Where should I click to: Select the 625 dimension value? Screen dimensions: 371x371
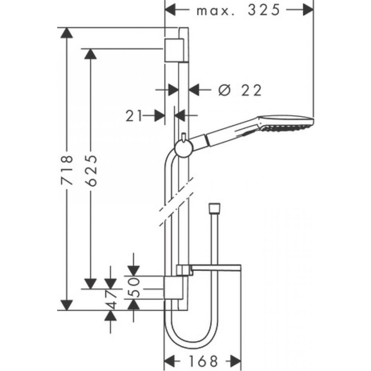click(x=91, y=171)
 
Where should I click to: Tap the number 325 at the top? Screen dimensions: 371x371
click(x=263, y=10)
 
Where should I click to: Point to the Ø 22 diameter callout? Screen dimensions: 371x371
click(x=240, y=90)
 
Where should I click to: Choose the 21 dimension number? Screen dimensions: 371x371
click(x=134, y=116)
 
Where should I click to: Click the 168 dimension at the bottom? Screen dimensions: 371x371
click(x=203, y=361)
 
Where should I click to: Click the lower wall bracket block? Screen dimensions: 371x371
click(x=173, y=288)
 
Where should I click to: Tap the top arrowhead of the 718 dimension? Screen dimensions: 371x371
click(x=66, y=33)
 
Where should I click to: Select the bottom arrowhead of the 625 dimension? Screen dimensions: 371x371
click(x=91, y=284)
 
